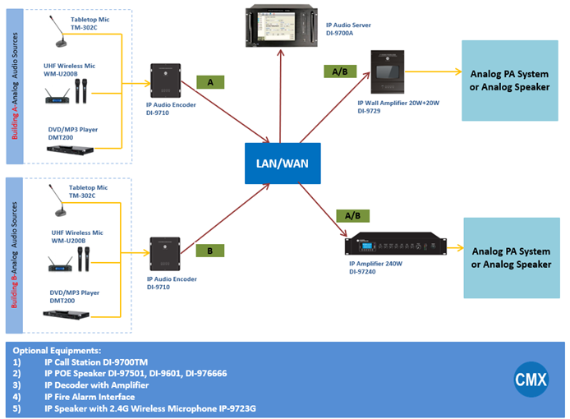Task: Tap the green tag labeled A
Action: click(210, 82)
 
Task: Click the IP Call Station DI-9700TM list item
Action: click(96, 361)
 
